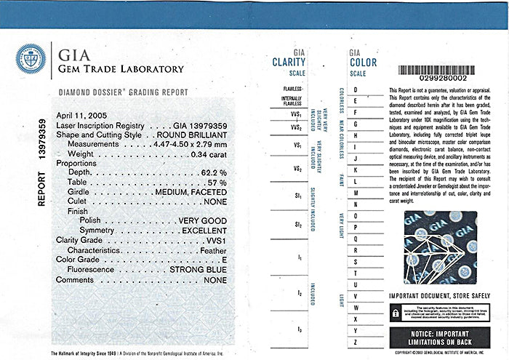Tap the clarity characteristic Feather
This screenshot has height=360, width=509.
tap(211, 249)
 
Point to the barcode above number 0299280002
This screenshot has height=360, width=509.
tap(437, 69)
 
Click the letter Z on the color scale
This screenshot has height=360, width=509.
tap(356, 342)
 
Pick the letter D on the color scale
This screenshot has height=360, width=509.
tap(356, 89)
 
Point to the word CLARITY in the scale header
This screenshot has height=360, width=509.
tap(289, 63)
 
